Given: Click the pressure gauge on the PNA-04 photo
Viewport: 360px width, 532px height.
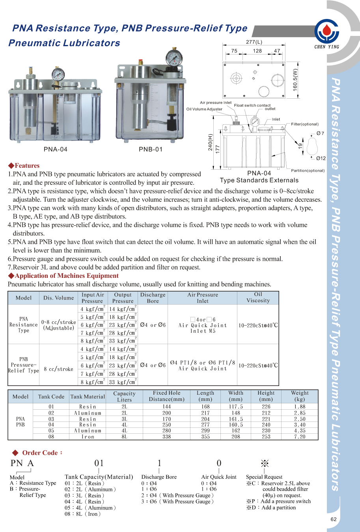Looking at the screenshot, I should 58,74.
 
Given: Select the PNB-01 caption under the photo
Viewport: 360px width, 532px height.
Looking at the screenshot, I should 151,149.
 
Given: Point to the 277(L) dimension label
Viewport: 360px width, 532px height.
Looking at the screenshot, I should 254,42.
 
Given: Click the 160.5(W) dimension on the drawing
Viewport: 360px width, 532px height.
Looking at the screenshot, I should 295,80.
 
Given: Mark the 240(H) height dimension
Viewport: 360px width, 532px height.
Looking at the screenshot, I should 210,142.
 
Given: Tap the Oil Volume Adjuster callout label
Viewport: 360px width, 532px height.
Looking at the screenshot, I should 204,109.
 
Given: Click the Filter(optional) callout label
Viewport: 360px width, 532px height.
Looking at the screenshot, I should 305,124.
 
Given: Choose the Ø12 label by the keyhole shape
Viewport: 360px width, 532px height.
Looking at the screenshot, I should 321,159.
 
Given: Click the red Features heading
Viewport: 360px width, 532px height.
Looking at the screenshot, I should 24,166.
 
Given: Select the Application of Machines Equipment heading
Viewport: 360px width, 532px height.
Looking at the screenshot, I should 63,276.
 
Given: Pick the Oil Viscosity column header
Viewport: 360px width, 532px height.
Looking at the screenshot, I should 258,298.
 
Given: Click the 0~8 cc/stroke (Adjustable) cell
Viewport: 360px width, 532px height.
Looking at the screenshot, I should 58,325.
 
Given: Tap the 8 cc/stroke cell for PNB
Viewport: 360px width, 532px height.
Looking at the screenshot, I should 58,369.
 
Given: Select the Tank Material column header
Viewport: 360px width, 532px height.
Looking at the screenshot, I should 88,397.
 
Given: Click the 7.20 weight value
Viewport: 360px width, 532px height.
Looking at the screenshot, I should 300,437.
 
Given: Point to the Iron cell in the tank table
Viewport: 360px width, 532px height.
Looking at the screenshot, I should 88,437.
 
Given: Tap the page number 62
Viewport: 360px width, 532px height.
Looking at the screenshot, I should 334,519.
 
